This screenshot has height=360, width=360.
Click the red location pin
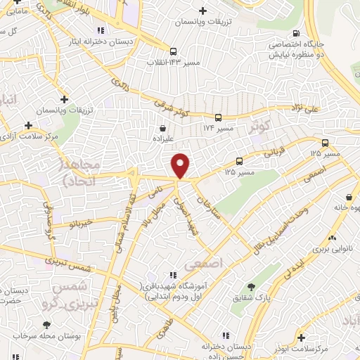click(x=181, y=165)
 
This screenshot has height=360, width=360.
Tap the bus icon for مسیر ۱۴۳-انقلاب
click(x=173, y=51)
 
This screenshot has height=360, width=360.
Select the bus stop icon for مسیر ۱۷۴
click(x=218, y=117)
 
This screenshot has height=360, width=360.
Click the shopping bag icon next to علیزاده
click(x=163, y=129)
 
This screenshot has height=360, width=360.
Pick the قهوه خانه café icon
click(x=349, y=198)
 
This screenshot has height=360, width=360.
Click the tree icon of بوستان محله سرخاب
click(x=46, y=325)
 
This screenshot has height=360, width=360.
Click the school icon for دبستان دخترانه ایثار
click(x=102, y=30)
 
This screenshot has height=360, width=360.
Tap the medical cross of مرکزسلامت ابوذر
click(x=301, y=338)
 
